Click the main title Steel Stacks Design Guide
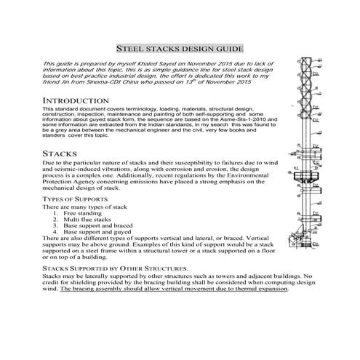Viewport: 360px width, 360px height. click(179, 46)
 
